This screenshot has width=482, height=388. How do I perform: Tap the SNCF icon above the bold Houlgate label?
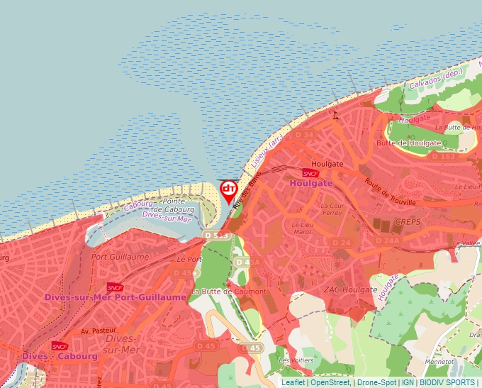tap(310, 173)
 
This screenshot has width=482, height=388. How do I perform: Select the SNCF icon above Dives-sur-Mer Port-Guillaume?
tap(115, 287)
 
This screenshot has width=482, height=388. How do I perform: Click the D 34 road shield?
tap(305, 135)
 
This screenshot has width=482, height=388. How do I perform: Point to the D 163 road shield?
tap(443, 156)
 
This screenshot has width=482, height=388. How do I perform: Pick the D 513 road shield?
tap(216, 235)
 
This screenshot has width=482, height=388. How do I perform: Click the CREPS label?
tap(408, 222)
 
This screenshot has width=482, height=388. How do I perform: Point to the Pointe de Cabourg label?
tap(174, 206)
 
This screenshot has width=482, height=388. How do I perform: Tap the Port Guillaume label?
tap(120, 257)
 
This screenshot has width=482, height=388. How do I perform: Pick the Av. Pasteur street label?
tap(99, 331)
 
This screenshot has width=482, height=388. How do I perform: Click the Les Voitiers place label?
tap(296, 360)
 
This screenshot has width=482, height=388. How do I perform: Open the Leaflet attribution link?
tap(293, 382)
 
